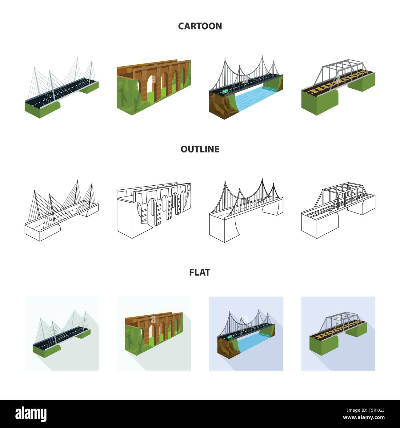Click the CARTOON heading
click(200, 26)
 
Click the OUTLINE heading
click(200, 149)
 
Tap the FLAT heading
click(200, 273)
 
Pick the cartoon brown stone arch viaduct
click(154, 87)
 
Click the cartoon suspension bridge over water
click(246, 87)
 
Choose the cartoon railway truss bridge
click(338, 87)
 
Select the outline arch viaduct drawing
click(154, 210)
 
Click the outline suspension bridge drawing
click(246, 210)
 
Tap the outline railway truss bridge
click(338, 210)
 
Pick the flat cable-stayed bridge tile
click(62, 333)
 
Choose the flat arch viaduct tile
click(154, 333)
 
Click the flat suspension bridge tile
click(246, 333)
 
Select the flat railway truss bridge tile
click(338, 333)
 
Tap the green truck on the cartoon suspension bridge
click(225, 91)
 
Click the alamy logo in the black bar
click(31, 414)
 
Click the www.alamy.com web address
click(364, 418)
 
